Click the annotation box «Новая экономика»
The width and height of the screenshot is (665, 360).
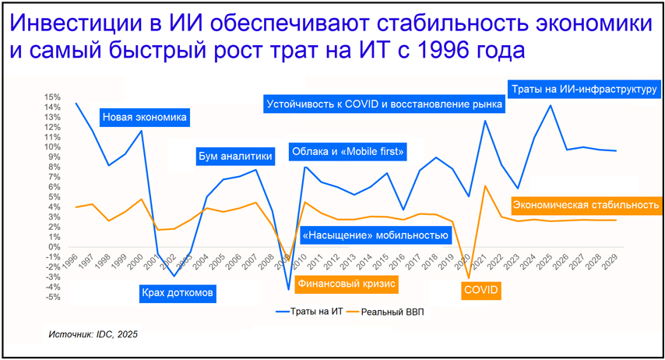coord(145,118)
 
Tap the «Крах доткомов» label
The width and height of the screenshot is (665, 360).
coord(178,294)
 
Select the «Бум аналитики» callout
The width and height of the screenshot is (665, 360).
coord(235,156)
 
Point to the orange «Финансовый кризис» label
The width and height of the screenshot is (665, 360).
coord(347,284)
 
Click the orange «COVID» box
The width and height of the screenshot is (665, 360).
coord(480,291)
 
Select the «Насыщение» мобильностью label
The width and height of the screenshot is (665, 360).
coord(375,235)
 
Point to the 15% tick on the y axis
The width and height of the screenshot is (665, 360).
coord(53,97)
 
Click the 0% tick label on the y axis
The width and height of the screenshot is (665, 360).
coord(55,247)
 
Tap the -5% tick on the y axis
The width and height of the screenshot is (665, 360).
coord(53,297)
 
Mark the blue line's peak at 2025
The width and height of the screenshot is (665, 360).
coord(551,105)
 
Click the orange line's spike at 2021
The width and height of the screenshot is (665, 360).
coord(485,186)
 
